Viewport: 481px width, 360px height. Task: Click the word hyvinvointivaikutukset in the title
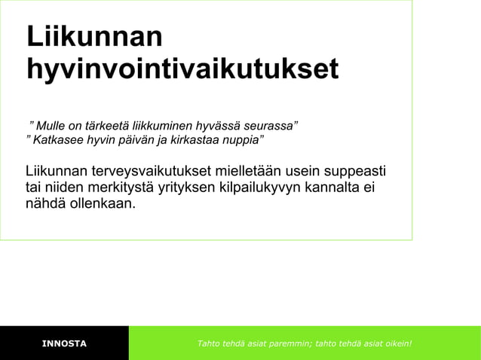click(x=182, y=69)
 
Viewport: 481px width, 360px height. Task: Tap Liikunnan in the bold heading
click(x=93, y=37)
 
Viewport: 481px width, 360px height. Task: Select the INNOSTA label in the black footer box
click(x=64, y=344)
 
